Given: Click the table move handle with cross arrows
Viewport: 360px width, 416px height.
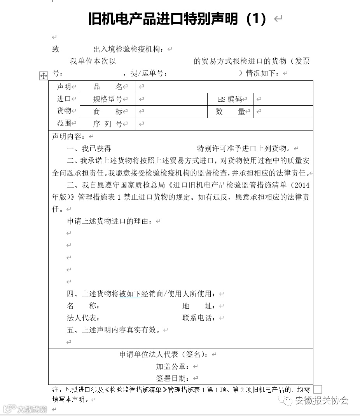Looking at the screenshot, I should [x=44, y=76].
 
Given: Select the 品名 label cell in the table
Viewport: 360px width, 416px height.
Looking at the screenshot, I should [x=108, y=87].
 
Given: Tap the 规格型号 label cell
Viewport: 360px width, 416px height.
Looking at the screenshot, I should [x=108, y=99].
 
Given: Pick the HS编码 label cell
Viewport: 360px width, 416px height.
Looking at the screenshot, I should [x=230, y=99].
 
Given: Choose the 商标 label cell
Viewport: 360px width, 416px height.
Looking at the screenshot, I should [x=108, y=111].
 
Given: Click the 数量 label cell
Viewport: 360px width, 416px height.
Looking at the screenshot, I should [x=230, y=111].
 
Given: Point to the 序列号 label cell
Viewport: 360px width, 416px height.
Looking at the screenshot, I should [x=108, y=124].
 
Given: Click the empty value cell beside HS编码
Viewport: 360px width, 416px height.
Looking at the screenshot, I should [x=283, y=99].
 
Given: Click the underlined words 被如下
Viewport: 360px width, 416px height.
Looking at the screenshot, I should [x=130, y=294].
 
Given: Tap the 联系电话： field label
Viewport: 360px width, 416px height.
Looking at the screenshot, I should [x=199, y=318].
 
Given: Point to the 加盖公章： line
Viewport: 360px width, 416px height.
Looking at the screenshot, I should [x=173, y=366].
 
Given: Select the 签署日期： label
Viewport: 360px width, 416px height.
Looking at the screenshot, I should [x=173, y=378].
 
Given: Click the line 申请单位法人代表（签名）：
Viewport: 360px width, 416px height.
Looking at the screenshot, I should [x=164, y=354].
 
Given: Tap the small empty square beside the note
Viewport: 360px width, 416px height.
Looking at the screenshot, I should [x=318, y=389].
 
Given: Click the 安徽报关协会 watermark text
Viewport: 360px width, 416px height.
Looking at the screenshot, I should [x=322, y=400].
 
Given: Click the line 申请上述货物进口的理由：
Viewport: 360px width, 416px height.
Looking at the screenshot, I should [x=110, y=221].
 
